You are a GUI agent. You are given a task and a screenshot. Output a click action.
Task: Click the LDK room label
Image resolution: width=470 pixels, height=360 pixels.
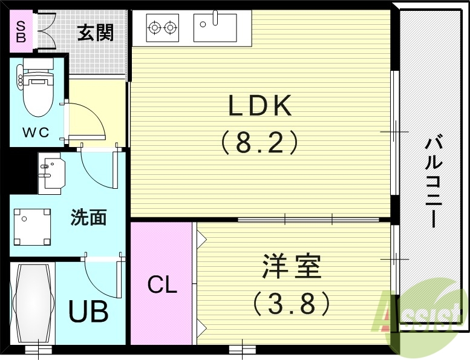click(x=259, y=106)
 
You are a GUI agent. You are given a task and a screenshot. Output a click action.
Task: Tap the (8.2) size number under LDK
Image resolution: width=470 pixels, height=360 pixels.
click(x=259, y=143)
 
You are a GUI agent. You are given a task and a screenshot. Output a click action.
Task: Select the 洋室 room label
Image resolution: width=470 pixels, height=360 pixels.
click(x=291, y=267)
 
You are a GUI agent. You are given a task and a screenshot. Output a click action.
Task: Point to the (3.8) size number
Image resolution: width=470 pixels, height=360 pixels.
click(x=291, y=303)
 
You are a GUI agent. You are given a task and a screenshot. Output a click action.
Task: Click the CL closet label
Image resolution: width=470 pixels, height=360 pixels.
click(x=162, y=285)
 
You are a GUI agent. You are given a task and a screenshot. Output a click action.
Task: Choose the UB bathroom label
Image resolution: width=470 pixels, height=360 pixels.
click(x=88, y=312)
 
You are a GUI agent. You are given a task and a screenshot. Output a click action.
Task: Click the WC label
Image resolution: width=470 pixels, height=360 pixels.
click(x=36, y=133)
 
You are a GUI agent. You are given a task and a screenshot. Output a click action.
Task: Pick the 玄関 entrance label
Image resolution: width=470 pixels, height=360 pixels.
click(x=95, y=32)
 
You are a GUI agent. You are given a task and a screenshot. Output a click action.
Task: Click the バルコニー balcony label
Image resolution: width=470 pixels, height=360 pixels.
click(x=431, y=182)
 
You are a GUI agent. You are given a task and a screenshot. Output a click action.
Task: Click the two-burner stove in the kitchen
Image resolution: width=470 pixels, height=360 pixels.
click(x=163, y=27)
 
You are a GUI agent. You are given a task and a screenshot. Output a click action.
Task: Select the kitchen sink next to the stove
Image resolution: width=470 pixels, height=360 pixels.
click(x=215, y=27)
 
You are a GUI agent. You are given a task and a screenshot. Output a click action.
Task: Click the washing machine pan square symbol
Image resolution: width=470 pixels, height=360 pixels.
click(x=32, y=227)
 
